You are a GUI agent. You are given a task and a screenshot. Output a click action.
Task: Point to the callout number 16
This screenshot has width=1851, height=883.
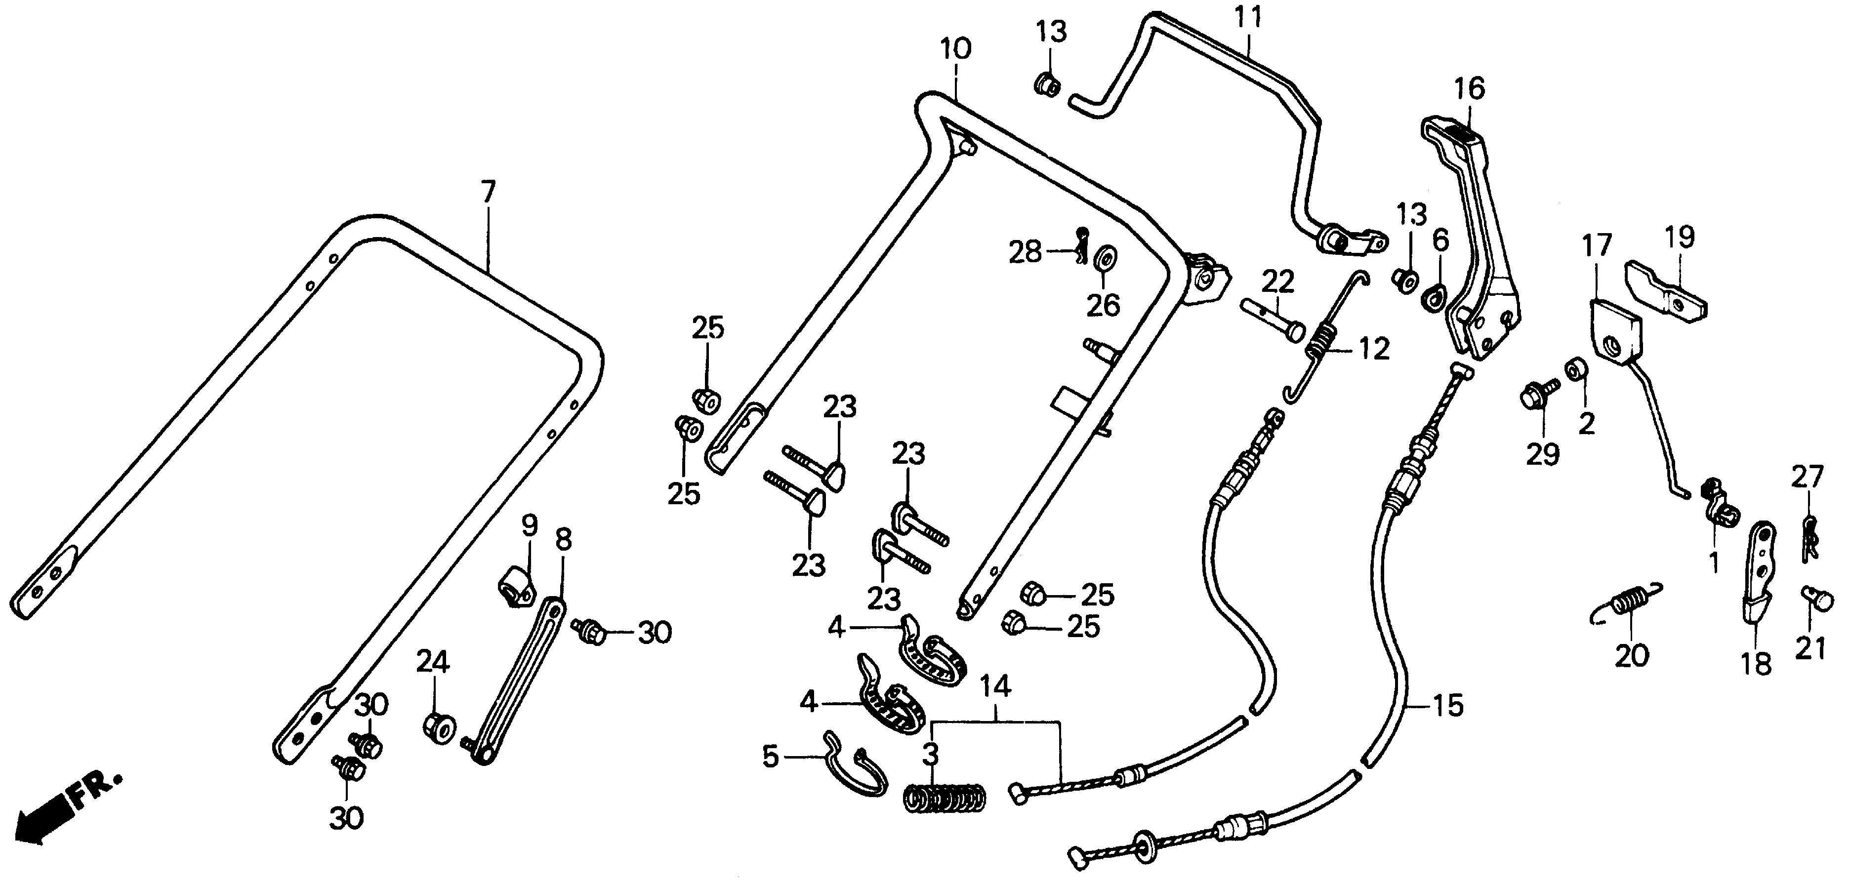1470,89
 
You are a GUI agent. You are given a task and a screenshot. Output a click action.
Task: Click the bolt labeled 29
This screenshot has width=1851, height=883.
1535,396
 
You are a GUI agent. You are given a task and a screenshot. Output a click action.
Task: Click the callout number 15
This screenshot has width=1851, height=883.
1448,706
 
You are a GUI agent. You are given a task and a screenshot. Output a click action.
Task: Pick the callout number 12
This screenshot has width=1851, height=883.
1373,350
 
